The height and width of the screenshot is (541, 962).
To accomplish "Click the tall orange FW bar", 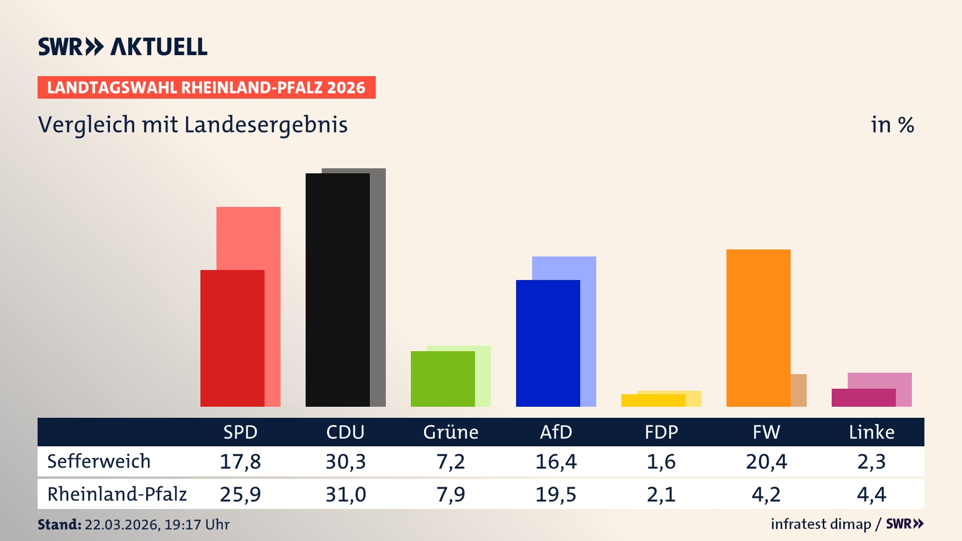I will click(x=758, y=328).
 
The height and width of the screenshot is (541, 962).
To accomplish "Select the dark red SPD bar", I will click(x=232, y=338).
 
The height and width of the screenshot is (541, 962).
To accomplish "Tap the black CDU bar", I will click(x=337, y=290).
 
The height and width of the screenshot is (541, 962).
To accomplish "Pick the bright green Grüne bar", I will click(x=442, y=379).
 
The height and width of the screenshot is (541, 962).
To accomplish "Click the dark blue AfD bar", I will click(x=548, y=343).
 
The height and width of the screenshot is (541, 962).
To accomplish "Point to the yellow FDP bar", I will click(x=653, y=400).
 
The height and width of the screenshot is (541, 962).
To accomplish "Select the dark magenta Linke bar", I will click(x=863, y=398).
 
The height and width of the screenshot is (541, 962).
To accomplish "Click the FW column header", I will click(x=766, y=432).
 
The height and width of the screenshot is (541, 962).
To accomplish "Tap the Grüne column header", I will click(x=450, y=432).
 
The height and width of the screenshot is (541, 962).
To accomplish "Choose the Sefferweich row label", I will click(x=99, y=461).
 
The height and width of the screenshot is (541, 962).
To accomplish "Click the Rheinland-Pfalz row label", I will click(x=117, y=494).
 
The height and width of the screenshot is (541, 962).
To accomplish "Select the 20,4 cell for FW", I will click(x=766, y=461).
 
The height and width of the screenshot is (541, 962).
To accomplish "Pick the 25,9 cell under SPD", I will click(x=240, y=494).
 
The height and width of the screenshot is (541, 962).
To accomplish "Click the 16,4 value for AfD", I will click(x=556, y=461).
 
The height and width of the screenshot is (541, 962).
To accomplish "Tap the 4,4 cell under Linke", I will click(x=871, y=494).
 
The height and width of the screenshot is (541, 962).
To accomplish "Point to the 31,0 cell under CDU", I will click(x=345, y=494).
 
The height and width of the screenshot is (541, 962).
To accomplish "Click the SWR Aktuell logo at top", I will click(x=123, y=47).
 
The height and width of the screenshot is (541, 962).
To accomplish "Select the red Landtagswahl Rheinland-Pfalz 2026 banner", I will click(x=206, y=88).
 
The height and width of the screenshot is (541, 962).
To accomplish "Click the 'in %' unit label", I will click(x=892, y=125).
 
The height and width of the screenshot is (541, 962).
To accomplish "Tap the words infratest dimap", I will click(x=821, y=524).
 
